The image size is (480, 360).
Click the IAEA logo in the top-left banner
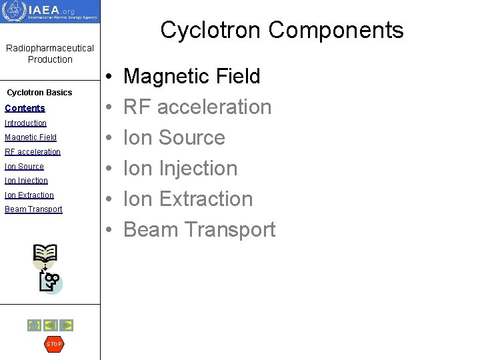pos(50,11)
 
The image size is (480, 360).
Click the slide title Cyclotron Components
pos(281,30)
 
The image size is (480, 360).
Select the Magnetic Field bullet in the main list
pos(191,77)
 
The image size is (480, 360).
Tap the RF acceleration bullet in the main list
pos(197,107)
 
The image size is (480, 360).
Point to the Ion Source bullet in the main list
pos(174,137)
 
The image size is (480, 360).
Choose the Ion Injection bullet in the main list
pos(180,168)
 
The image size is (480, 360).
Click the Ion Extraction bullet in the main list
pos(188,199)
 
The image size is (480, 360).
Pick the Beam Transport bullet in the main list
pos(199,229)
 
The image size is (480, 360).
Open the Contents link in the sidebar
pos(25,108)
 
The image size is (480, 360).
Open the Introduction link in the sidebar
pos(25,123)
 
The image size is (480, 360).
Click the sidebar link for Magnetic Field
pos(30,137)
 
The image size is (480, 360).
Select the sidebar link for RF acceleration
pos(32,152)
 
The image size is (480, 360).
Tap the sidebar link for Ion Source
pos(24,167)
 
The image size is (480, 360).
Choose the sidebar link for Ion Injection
pos(26,181)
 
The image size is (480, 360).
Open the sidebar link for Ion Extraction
pos(29,195)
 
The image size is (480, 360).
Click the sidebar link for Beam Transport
pos(33,209)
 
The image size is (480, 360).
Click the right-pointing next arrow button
pos(66,325)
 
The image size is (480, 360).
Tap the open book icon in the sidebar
pos(45,255)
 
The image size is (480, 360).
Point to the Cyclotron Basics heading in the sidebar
pos(39,93)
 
